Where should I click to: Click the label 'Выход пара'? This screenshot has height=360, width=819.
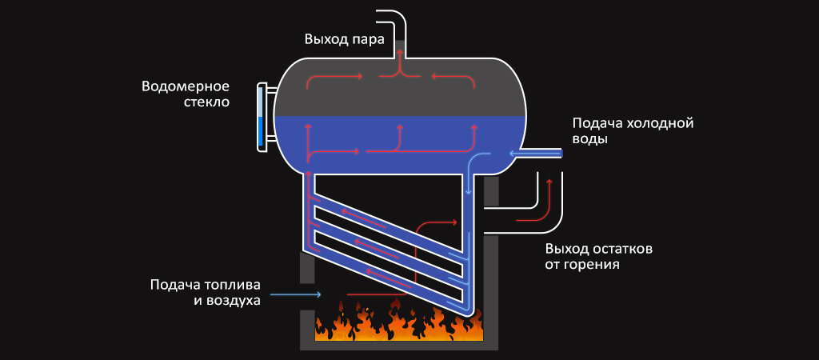[345, 38]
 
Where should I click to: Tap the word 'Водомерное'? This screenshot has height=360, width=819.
[186, 86]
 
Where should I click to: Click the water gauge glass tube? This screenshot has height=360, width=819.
[260, 116]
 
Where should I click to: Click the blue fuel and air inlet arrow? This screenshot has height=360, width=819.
[296, 295]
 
